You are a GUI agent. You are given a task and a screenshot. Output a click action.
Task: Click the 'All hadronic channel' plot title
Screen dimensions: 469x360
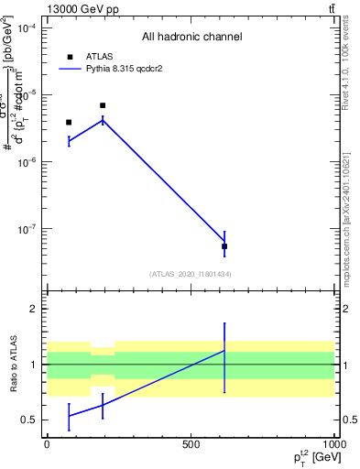point(191,37)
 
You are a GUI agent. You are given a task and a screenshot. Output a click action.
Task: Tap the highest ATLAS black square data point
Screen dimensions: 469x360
point(103,105)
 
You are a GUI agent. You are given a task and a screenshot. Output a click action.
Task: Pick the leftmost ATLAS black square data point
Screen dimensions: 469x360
point(69,122)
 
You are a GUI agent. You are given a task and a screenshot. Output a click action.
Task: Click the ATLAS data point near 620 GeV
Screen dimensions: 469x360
point(224,246)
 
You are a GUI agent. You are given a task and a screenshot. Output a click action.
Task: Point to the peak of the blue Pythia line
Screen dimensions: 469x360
point(103,119)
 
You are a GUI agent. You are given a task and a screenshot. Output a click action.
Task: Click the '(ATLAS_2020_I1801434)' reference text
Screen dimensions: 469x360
point(191,274)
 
